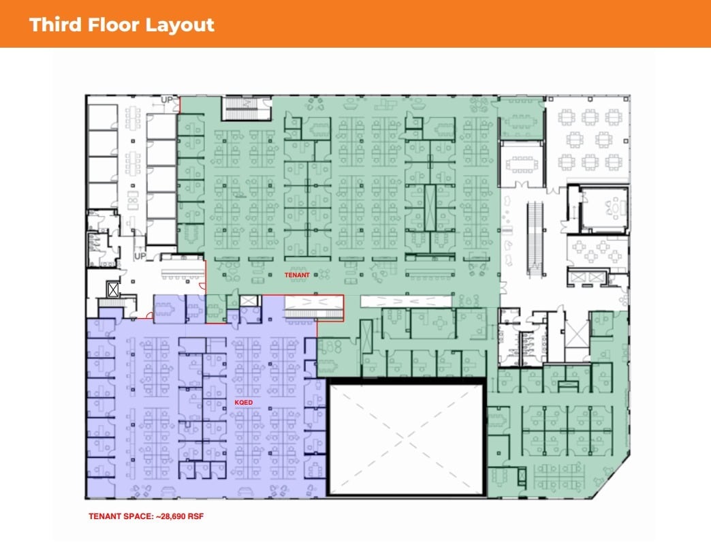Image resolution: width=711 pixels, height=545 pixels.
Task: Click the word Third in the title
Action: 57,25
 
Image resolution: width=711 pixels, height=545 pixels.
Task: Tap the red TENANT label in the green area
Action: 297,275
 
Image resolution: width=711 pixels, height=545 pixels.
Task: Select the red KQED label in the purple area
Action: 243,403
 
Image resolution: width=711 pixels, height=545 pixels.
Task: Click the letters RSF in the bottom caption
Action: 195,516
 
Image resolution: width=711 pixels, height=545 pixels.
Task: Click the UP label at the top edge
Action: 167,100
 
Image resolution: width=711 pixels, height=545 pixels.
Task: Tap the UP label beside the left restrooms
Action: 140,256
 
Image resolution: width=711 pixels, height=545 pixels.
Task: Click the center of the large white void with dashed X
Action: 407,438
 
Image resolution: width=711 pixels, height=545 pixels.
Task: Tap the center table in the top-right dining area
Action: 588,140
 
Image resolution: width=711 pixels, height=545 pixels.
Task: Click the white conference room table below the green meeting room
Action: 522,163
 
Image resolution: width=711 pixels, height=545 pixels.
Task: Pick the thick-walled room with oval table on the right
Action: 602,206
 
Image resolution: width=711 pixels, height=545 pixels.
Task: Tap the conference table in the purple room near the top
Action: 167,307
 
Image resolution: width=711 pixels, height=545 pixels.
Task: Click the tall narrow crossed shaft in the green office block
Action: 430,206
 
